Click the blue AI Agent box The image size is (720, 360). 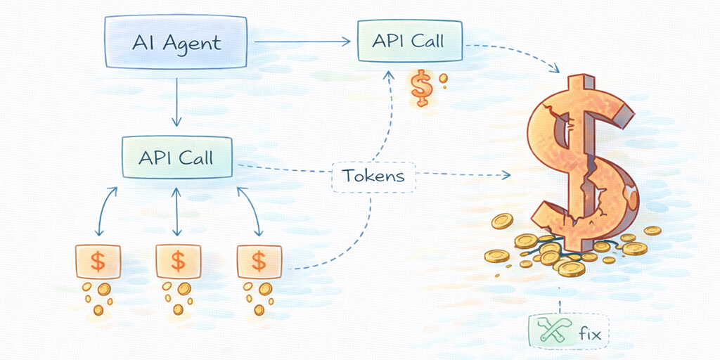pyautogui.click(x=177, y=42)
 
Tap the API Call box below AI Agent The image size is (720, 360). pyautogui.click(x=176, y=157)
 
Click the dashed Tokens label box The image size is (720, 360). pyautogui.click(x=373, y=175)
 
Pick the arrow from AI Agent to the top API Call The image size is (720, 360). pyautogui.click(x=302, y=42)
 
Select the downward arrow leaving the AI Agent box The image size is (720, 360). pyautogui.click(x=176, y=102)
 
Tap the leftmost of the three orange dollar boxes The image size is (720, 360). pyautogui.click(x=98, y=261)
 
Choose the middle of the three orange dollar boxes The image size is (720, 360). pyautogui.click(x=178, y=261)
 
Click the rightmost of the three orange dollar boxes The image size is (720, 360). pyautogui.click(x=259, y=261)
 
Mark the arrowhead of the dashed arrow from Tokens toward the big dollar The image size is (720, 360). pyautogui.click(x=506, y=174)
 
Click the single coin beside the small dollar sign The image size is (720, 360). pyautogui.click(x=443, y=80)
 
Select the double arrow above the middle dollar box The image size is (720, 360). pyautogui.click(x=176, y=212)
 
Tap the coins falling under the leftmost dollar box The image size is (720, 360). pyautogui.click(x=99, y=297)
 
